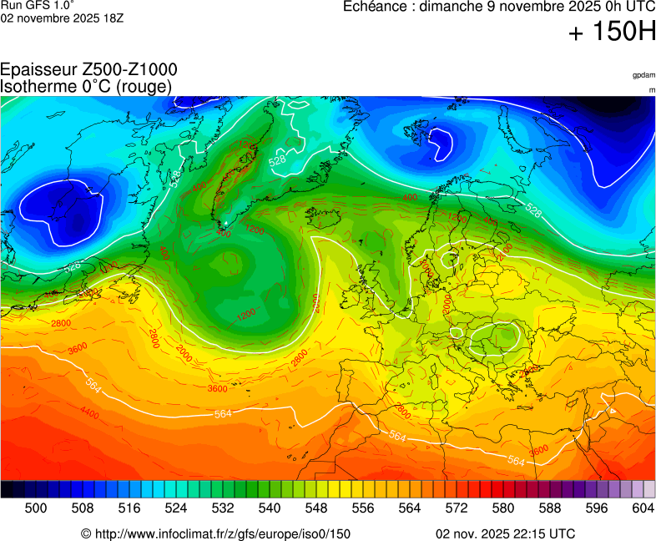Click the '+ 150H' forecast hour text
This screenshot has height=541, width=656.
click(x=613, y=33)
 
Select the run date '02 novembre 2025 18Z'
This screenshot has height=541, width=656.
click(x=63, y=18)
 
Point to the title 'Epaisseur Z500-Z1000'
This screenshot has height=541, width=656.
click(x=88, y=70)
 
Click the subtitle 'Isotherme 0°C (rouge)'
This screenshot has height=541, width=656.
click(x=86, y=86)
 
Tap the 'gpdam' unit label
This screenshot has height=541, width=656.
click(x=643, y=75)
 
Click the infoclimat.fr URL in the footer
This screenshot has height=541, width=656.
click(x=215, y=533)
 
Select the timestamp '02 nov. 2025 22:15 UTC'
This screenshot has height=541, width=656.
click(x=505, y=533)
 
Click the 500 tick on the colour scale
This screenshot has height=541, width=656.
click(x=36, y=508)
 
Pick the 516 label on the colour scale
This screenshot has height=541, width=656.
click(x=129, y=508)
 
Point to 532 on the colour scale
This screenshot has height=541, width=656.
click(x=223, y=508)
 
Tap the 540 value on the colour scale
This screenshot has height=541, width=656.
click(x=270, y=508)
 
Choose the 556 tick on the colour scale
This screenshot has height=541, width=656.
click(x=363, y=508)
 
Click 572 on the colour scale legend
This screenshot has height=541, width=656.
click(x=457, y=508)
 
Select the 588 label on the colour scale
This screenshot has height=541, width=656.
click(x=550, y=508)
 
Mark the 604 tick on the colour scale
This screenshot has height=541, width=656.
click(x=643, y=508)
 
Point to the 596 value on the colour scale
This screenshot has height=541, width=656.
click(x=597, y=508)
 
